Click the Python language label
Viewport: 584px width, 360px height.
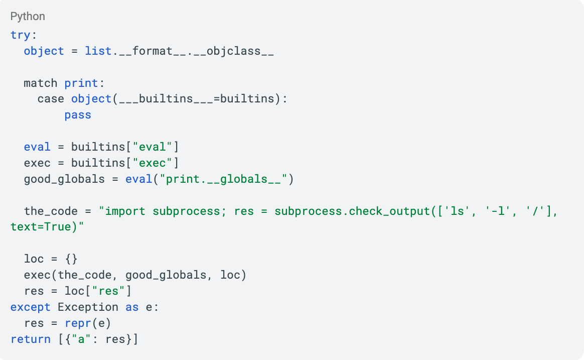pos(28,17)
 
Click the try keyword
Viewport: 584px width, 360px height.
pos(21,35)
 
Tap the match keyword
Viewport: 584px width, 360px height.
pos(41,83)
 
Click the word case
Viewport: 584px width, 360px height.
pos(51,99)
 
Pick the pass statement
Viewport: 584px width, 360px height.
pos(78,115)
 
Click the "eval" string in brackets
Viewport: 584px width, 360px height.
pos(153,147)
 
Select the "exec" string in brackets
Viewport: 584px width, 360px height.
pos(153,163)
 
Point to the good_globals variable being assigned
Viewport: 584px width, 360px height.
pos(64,179)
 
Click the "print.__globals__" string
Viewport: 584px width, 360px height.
pos(223,179)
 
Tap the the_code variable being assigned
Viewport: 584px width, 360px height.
pos(51,211)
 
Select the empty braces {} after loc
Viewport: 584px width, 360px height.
pos(71,259)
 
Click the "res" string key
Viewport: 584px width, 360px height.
pos(108,291)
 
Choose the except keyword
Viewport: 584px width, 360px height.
pos(31,307)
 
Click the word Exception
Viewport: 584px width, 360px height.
pos(88,307)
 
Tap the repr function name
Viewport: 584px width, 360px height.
pos(78,323)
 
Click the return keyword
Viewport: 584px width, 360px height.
pos(31,339)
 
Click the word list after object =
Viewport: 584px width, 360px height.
pos(98,51)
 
